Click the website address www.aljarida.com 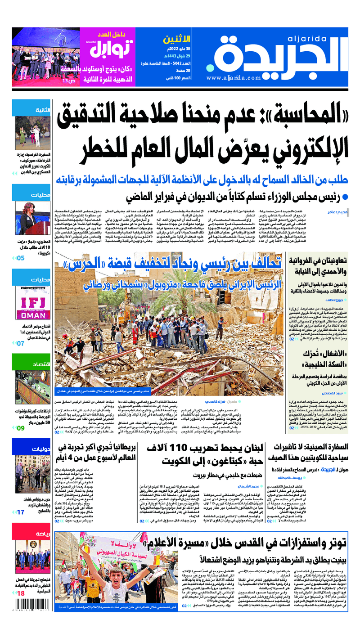[x=234, y=78]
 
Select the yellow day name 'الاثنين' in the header [x=172, y=40]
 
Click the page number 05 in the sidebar [x=21, y=258]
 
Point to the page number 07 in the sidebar [x=21, y=343]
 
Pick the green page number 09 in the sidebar [x=21, y=428]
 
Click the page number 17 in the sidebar [x=21, y=512]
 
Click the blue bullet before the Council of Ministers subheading [x=345, y=197]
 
